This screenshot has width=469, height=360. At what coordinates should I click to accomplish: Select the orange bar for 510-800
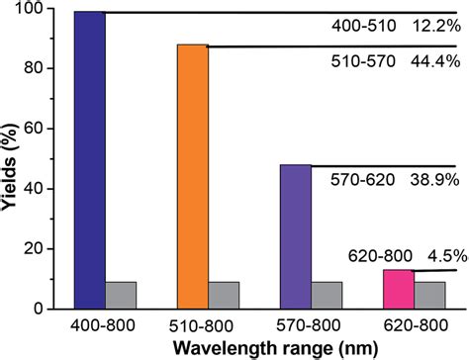192,177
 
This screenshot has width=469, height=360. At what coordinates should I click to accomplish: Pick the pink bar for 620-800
398,289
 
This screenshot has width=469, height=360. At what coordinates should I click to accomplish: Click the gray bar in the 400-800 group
121,295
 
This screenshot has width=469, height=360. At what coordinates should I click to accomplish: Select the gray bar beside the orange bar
224,295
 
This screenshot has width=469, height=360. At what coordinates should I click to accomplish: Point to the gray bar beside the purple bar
327,295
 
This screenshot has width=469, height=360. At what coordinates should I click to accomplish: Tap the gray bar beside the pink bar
429,295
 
